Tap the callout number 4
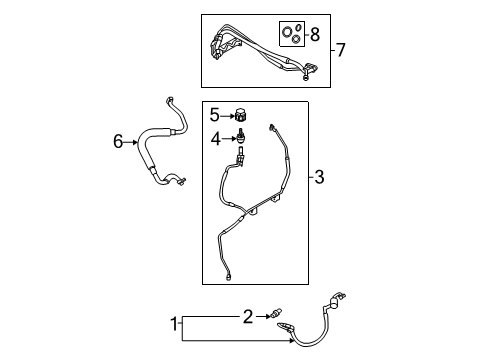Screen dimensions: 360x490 click(214, 137)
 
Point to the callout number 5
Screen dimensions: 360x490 click(213, 116)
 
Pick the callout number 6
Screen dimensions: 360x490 click(119, 142)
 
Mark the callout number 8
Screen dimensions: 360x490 click(315, 36)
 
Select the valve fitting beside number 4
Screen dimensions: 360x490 click(241, 137)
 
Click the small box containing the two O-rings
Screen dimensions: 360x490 click(291, 36)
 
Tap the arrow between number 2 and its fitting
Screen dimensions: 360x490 click(260, 317)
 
